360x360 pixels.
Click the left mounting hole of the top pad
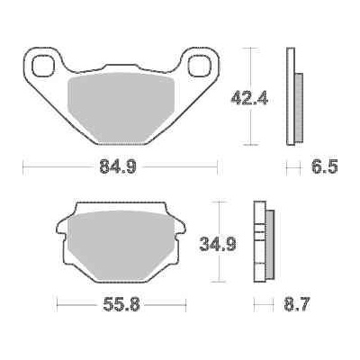click(x=41, y=65)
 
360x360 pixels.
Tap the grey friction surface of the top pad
click(x=119, y=104)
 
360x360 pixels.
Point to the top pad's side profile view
click(x=291, y=94)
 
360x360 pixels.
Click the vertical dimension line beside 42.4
click(x=249, y=94)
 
